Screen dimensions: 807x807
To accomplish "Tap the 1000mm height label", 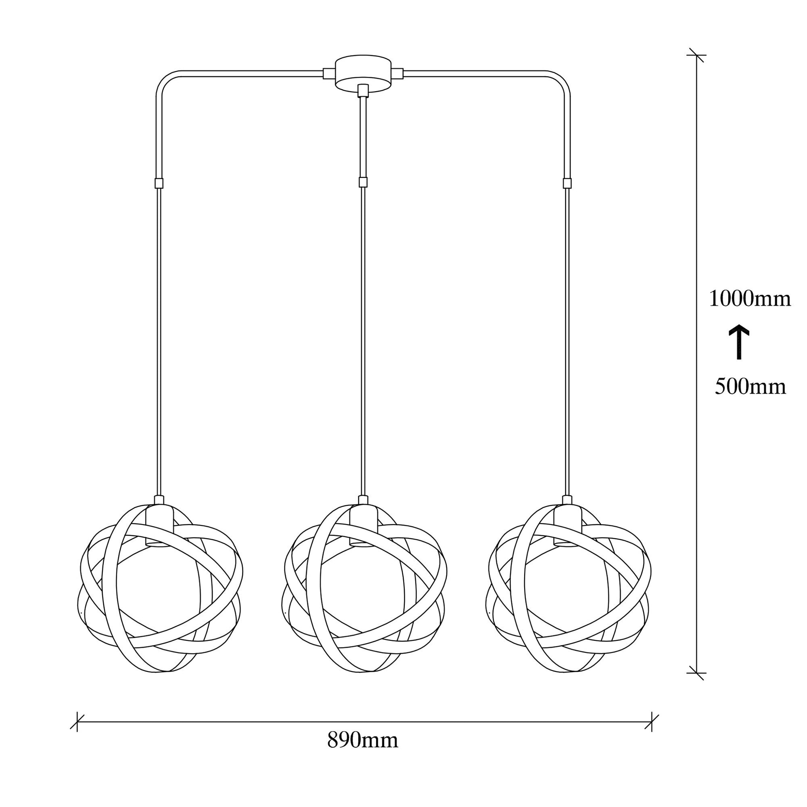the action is coord(750,299).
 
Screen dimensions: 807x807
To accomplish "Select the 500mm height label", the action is coord(751,387).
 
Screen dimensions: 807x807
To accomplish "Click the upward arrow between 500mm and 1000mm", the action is coord(739,342).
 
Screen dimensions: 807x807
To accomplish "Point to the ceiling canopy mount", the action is coord(363,72).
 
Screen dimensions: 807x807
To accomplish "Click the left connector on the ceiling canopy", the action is coord(329,74).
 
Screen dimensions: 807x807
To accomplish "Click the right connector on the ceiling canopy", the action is coord(398,74).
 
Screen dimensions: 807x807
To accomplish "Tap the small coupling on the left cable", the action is coord(159,183).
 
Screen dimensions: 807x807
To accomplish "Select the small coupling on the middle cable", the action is coord(363,182).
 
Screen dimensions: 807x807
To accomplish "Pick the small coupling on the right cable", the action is coord(567,183).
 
